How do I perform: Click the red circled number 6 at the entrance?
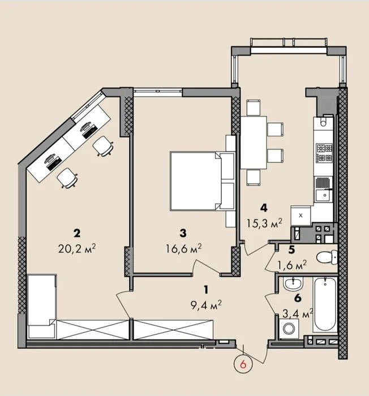(x=243, y=365)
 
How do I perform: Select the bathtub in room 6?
(x=325, y=304)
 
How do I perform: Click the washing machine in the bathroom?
(x=289, y=329)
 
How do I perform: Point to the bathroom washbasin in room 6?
(x=293, y=283)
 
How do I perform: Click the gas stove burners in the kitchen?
(x=325, y=153)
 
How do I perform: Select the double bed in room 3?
(x=202, y=181)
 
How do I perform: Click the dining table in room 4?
(x=254, y=142)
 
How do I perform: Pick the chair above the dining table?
(x=253, y=108)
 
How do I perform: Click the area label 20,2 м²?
(x=77, y=249)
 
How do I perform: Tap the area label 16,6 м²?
(x=183, y=249)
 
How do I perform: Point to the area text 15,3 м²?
(x=264, y=223)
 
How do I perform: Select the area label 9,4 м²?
(x=206, y=305)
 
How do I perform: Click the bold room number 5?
(x=292, y=250)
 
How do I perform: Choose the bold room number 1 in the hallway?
(x=206, y=290)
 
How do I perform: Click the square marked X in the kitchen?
(x=301, y=215)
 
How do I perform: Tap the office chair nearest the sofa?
(x=67, y=178)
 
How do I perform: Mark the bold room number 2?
(x=77, y=233)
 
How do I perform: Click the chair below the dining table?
(x=253, y=177)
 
